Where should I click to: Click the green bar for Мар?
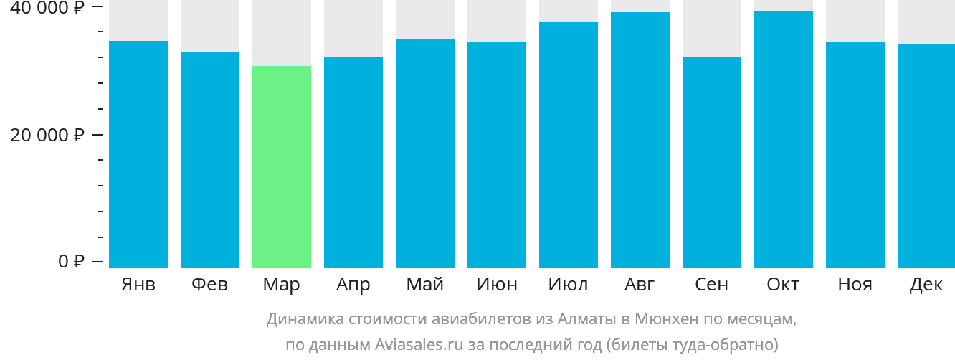282,166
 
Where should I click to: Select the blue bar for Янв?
138,154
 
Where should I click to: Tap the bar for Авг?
640,140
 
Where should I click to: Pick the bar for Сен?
712,162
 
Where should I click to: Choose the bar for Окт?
784,140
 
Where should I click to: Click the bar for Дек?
926,156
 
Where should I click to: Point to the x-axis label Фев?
210,285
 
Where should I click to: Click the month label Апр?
353,285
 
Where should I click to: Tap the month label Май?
425,285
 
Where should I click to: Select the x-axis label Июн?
497,285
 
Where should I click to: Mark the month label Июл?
569,285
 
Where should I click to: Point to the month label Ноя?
855,285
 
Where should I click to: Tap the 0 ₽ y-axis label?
72,261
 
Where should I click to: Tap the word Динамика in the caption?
303,318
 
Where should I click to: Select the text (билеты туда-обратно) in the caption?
692,344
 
